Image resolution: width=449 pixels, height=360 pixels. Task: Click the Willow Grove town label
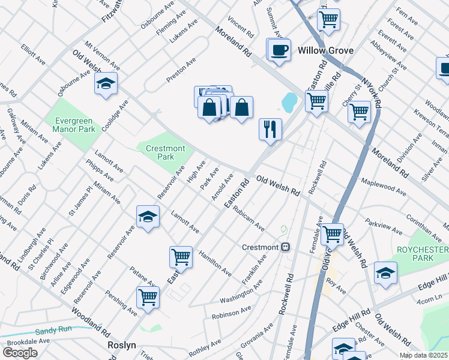[325, 51]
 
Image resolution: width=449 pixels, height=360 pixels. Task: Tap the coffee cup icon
[278, 50]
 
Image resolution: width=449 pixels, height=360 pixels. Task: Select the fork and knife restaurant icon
[270, 129]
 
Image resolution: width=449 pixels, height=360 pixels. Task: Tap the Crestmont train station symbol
[286, 247]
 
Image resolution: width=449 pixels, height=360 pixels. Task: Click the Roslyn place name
[122, 345]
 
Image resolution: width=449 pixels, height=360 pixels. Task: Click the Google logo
[20, 352]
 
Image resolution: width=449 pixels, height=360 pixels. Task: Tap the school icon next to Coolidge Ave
[106, 84]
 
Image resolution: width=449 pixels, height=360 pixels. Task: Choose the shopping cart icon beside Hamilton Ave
[181, 257]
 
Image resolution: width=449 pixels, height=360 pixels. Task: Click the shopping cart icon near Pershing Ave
[148, 297]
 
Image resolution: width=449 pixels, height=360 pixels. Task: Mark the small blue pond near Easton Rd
[289, 103]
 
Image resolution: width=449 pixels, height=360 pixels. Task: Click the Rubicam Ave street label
[249, 219]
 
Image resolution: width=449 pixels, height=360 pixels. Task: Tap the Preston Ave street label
[181, 70]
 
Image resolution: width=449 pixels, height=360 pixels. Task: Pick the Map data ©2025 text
[424, 355]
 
